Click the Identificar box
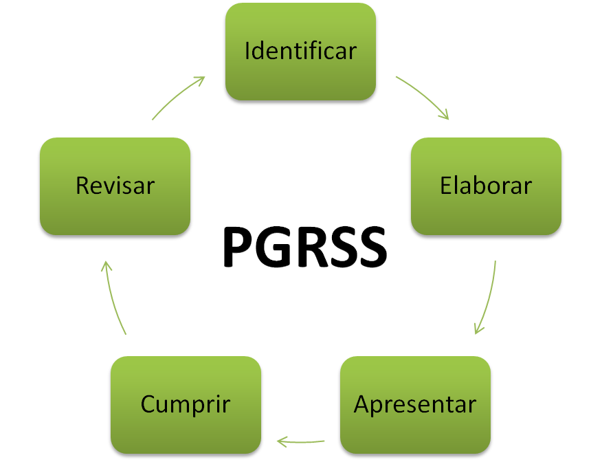click(300, 52)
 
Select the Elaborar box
click(486, 186)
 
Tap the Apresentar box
click(414, 404)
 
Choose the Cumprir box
click(186, 404)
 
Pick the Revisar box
click(115, 186)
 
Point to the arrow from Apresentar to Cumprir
click(300, 441)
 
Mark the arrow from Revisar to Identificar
click(178, 97)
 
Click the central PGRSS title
click(304, 247)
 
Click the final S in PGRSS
click(370, 247)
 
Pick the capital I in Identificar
click(247, 52)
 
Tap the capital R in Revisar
click(82, 186)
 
